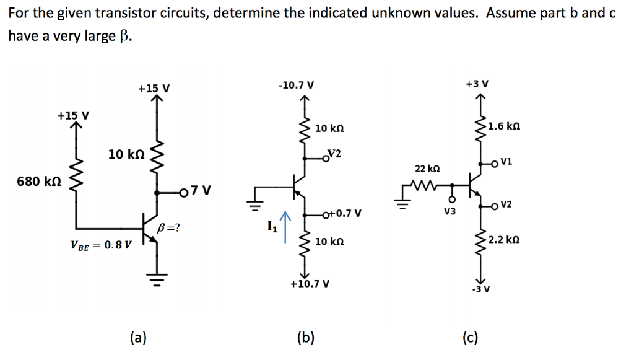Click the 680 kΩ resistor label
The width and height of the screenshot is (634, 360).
[x=38, y=182]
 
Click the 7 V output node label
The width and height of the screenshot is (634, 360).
[x=202, y=190]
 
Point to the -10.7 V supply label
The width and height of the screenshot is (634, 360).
[x=297, y=84]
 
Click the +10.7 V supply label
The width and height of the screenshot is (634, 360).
[x=309, y=284]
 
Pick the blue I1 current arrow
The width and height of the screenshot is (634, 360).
[x=285, y=227]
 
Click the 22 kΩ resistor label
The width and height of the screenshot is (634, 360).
[x=427, y=168]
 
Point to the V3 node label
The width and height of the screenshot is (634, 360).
[x=450, y=211]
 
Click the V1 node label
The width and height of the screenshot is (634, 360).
[x=506, y=162]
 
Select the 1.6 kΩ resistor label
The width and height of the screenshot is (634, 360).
[x=503, y=126]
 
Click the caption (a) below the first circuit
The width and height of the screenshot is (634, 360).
[x=138, y=338]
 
